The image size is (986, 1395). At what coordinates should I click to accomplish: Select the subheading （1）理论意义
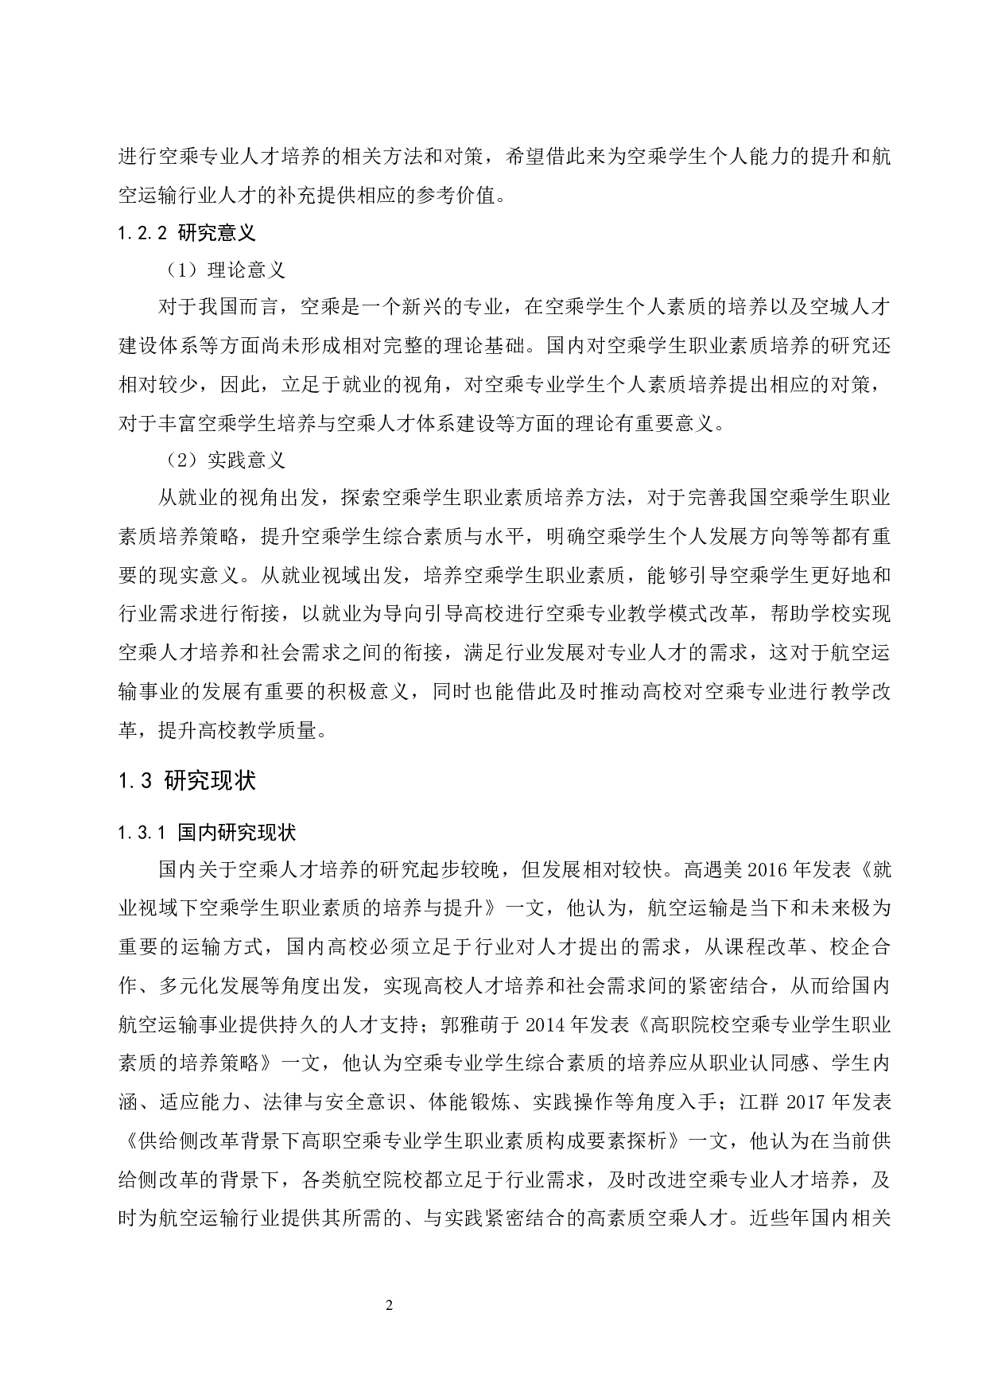pyautogui.click(x=225, y=270)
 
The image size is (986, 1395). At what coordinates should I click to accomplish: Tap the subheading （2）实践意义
pyautogui.click(x=225, y=460)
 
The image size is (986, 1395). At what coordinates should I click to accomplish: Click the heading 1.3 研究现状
pyautogui.click(x=187, y=781)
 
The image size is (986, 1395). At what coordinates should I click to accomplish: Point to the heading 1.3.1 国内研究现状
pyautogui.click(x=207, y=833)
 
